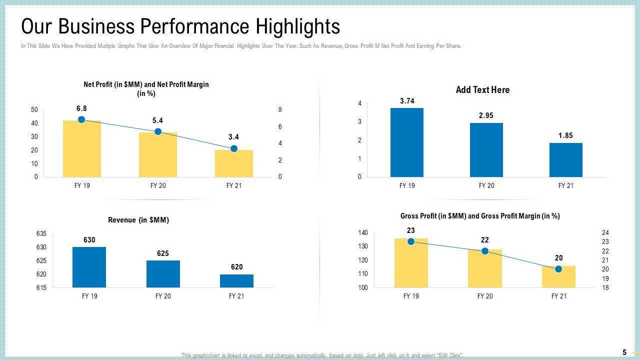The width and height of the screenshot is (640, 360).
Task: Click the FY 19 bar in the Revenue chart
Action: (89, 267)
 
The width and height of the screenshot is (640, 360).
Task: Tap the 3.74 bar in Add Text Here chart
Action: (407, 142)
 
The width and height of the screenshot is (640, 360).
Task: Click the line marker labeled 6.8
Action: (82, 119)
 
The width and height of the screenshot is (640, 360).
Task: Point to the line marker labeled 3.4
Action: (234, 148)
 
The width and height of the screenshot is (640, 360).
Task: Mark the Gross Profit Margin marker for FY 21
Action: (558, 269)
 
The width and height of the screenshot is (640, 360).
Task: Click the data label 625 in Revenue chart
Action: (163, 253)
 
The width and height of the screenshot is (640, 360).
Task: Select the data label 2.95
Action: (486, 115)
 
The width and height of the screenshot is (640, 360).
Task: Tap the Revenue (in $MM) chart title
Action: (138, 220)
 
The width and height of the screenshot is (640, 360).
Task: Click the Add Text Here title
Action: (482, 90)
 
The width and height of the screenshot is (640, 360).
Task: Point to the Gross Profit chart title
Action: (480, 216)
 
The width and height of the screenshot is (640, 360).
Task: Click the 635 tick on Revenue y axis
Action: (41, 234)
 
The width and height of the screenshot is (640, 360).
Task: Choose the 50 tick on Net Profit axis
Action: (34, 109)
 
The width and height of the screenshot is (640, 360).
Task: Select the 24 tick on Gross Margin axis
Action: (605, 233)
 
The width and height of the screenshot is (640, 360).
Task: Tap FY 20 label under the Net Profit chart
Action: (158, 185)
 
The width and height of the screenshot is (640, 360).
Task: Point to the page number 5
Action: (624, 352)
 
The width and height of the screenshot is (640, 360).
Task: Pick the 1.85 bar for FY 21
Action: (565, 160)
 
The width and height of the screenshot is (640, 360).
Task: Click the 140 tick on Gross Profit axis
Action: (363, 233)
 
